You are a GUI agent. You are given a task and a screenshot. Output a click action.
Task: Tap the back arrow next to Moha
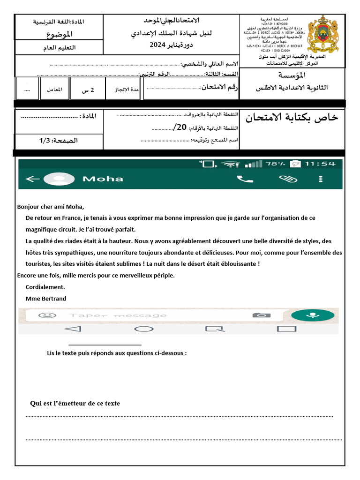[32, 179]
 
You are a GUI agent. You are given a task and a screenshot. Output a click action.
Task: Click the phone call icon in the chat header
[245, 179]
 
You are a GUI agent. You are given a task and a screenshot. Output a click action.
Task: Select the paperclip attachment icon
[285, 179]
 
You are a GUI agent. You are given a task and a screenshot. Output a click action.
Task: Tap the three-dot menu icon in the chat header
[321, 179]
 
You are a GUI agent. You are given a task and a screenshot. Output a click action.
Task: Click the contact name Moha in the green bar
[103, 179]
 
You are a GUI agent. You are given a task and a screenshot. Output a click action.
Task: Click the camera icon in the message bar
[261, 315]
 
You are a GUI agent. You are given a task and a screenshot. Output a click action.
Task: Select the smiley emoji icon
[45, 315]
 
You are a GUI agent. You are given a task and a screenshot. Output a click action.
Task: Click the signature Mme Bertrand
[46, 299]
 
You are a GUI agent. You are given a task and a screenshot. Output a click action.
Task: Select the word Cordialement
[45, 287]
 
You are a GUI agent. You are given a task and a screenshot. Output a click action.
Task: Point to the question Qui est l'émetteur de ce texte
[75, 403]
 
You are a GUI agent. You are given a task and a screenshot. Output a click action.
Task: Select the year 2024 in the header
[158, 45]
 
